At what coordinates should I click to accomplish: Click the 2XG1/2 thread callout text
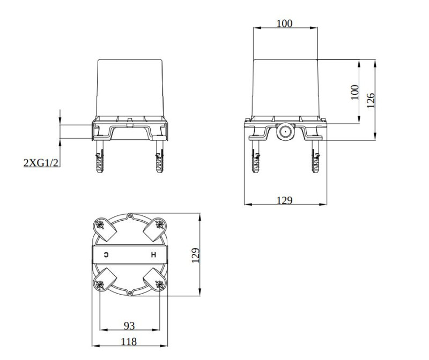[x=41, y=162]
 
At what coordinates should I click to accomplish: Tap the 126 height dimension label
[x=371, y=100]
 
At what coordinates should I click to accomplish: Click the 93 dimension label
[x=129, y=326]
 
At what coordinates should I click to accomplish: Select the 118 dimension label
[x=129, y=341]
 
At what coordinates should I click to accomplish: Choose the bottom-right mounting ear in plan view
[x=156, y=280]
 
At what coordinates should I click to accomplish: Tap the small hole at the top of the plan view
[x=130, y=215]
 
